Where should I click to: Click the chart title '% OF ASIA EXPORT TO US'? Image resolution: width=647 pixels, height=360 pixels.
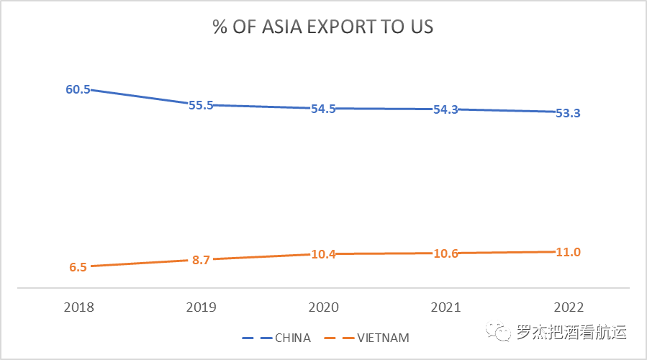[x=322, y=27]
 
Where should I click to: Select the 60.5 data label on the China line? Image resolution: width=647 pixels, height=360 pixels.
[x=78, y=90]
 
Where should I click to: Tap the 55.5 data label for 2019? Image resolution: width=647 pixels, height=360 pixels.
[x=201, y=105]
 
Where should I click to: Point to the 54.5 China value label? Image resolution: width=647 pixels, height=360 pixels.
[x=323, y=109]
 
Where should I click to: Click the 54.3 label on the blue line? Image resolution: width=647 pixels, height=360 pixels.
[x=446, y=109]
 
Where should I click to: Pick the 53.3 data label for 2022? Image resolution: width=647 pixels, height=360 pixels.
[x=569, y=113]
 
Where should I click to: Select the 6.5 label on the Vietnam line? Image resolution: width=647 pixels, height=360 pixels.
[x=78, y=267]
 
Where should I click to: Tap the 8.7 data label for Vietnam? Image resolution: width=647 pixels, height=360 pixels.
[x=201, y=260]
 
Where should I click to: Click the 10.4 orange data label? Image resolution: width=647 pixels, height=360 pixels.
[x=323, y=255]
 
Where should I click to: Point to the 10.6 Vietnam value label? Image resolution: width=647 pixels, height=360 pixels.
[x=446, y=254]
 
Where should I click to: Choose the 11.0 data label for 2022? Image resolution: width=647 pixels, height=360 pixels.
[x=569, y=252]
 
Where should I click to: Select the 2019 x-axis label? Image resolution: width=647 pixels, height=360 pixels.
[x=201, y=307]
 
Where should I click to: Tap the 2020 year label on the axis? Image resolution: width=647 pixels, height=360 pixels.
[x=323, y=307]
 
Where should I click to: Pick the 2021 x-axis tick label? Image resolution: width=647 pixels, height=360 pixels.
[x=446, y=307]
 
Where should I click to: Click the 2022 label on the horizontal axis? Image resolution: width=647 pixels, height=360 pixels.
[x=569, y=307]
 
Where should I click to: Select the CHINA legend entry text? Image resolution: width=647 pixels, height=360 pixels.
[x=293, y=337]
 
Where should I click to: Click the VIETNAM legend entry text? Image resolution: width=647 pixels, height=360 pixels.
[x=384, y=337]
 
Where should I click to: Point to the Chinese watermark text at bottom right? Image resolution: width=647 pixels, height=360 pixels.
[x=571, y=333]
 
